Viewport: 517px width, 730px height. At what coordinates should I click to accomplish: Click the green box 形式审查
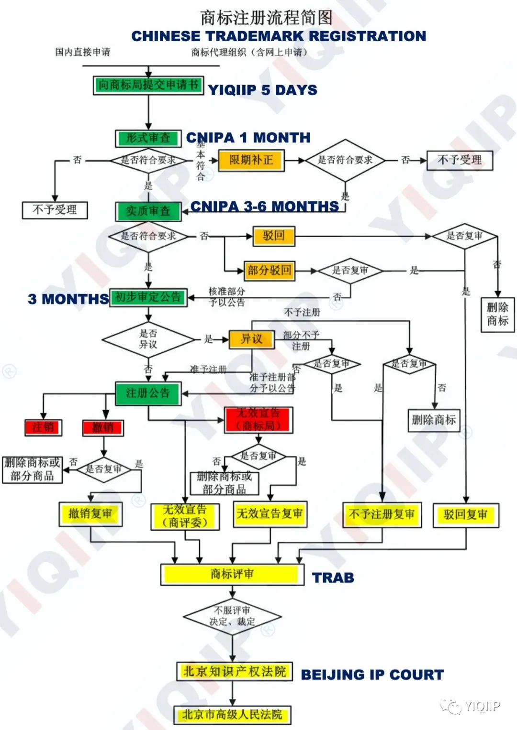[x=148, y=139]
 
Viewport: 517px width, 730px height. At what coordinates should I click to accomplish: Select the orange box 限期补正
[x=251, y=160]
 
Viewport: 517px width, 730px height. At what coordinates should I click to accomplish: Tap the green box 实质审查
[x=148, y=211]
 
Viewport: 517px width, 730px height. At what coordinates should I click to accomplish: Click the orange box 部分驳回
[x=269, y=271]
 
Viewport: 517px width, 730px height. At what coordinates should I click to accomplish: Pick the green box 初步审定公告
[x=148, y=297]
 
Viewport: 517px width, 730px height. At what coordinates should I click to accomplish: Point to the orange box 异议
[x=251, y=339]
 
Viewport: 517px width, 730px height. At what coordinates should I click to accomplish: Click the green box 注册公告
[x=148, y=393]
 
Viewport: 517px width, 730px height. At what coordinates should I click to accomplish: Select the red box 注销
[x=43, y=427]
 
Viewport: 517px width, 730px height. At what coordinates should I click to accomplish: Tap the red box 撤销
[x=103, y=427]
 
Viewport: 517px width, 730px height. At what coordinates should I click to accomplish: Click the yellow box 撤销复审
[x=90, y=514]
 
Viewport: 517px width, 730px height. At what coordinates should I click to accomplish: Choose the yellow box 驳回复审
[x=466, y=515]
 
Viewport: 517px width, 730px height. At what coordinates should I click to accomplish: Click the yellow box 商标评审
[x=232, y=574]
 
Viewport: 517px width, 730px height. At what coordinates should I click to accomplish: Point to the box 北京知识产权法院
[x=235, y=672]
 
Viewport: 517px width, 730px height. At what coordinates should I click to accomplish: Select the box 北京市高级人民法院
[x=232, y=715]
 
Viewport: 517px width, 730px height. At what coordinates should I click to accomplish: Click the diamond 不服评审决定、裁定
[x=232, y=617]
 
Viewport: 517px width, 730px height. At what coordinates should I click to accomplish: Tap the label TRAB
[x=333, y=578]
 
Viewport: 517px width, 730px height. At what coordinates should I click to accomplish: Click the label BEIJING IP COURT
[x=372, y=675]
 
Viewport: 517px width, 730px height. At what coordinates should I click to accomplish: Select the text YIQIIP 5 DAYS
[x=263, y=90]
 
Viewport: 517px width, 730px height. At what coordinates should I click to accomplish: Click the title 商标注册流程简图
[x=266, y=18]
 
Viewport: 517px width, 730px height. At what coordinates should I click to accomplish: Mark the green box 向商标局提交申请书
[x=148, y=86]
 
